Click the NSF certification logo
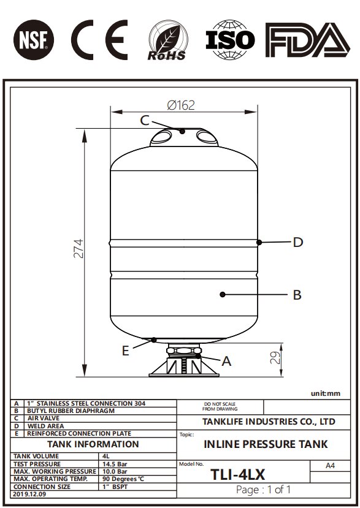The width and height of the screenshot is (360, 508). coord(34,40)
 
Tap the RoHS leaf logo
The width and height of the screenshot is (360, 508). coord(167,40)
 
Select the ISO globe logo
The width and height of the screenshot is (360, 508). coord(230,40)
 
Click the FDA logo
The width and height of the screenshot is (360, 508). coord(307,40)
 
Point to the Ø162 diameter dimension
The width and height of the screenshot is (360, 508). coord(181,105)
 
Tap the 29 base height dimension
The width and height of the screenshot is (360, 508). coord(275,358)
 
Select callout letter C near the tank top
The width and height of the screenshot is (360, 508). coord(145,121)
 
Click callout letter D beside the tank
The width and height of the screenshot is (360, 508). coord(297,242)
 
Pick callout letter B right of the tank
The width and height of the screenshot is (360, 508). coord(297,295)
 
